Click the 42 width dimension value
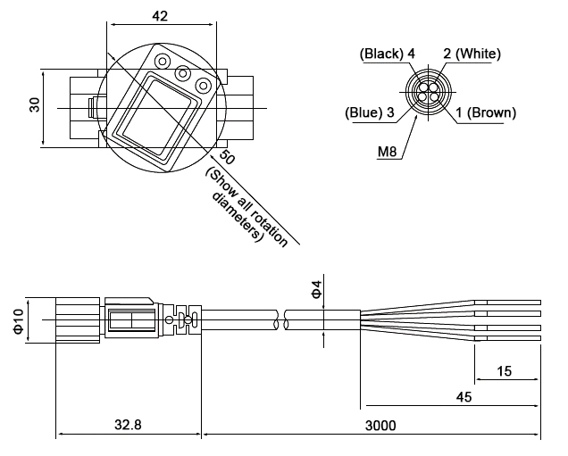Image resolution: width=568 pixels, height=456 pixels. tap(160, 15)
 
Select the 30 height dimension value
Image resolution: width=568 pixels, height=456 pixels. tap(35, 104)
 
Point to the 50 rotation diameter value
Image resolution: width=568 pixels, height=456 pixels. tap(227, 157)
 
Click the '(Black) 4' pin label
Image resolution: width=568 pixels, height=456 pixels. tap(387, 54)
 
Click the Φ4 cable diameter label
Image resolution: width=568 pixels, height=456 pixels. tap(314, 288)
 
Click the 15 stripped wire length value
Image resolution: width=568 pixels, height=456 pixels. tap(506, 369)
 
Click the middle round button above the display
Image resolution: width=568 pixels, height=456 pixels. tap(182, 73)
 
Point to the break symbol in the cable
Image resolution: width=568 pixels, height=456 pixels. tap(283, 320)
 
